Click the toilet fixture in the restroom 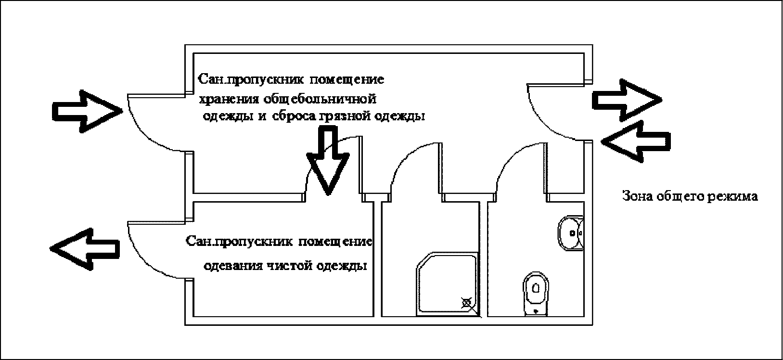click(536, 294)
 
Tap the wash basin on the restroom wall click(571, 233)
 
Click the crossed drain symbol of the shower click(466, 303)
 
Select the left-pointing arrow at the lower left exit click(85, 248)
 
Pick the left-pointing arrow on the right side click(635, 141)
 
